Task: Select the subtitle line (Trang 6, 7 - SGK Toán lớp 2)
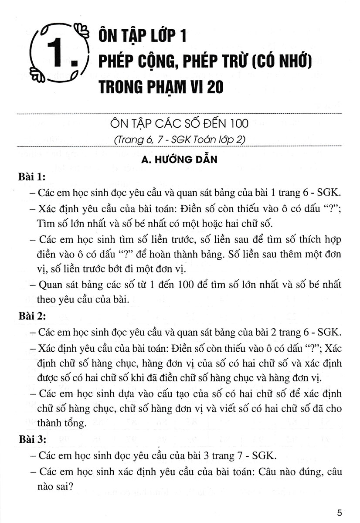(x=179, y=139)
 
